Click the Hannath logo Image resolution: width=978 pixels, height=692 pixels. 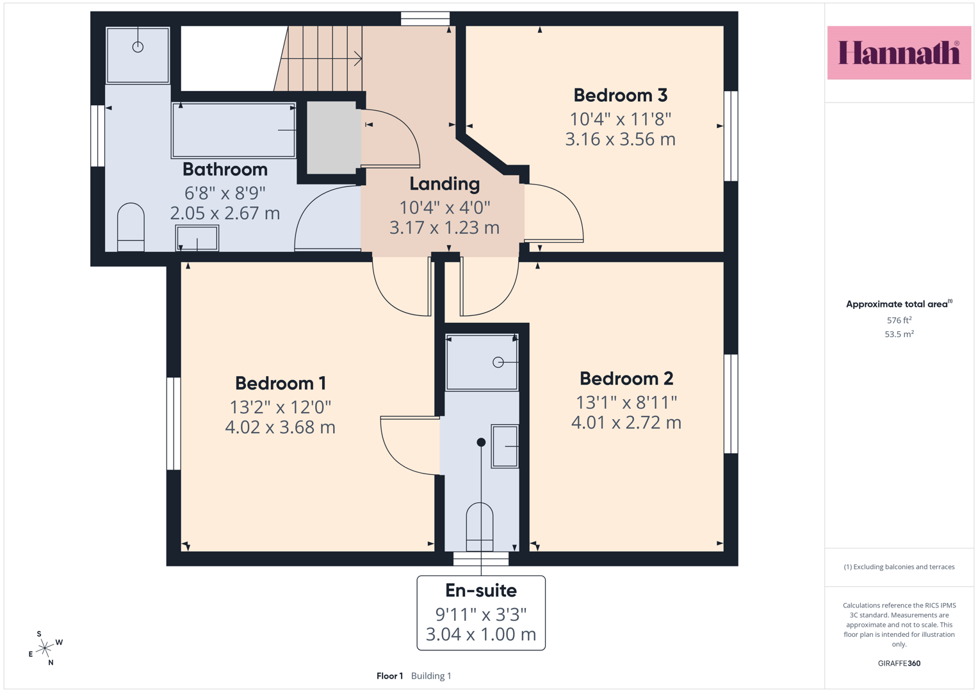coord(899,53)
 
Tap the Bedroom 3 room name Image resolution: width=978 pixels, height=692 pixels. coord(621,95)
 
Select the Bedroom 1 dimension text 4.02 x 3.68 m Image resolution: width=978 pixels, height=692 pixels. coord(281,427)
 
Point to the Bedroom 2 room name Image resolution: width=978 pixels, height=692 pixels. coord(626,378)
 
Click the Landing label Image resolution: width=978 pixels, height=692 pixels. coord(444,185)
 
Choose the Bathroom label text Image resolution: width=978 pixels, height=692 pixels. coord(225,170)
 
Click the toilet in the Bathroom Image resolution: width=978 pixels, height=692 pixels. coord(131,227)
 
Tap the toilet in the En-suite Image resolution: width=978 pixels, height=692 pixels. coord(480,527)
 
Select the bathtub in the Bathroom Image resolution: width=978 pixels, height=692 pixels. coord(234,130)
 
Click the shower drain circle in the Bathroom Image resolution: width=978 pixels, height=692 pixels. coord(138,47)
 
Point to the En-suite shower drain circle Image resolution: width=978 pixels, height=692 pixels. coord(498,362)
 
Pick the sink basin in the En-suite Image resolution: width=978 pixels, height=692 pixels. coord(505,446)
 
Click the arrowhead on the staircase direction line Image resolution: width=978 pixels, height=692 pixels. coord(358,58)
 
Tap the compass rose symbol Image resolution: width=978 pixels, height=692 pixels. coord(45,647)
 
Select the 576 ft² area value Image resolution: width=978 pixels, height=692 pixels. coord(899,320)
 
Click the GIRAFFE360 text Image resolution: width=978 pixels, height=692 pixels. coord(899,663)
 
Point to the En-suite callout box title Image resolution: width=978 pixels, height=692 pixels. coord(481,591)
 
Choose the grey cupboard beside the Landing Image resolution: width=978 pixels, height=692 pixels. coord(332,138)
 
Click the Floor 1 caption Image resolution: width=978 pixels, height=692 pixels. coord(389,676)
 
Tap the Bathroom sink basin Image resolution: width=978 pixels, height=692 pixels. coord(197,238)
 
